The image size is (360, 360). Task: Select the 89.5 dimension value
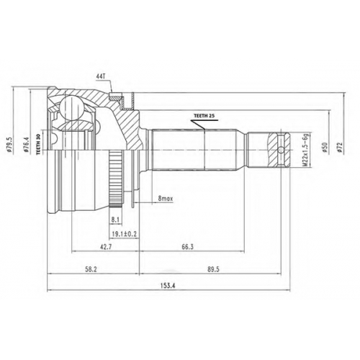pyautogui.click(x=213, y=269)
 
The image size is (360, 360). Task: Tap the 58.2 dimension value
pyautogui.click(x=91, y=269)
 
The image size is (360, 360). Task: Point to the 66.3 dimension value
pyautogui.click(x=187, y=247)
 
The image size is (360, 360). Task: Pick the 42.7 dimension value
pyautogui.click(x=105, y=247)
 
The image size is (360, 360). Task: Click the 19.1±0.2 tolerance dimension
pyautogui.click(x=125, y=234)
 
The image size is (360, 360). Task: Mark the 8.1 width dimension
pyautogui.click(x=115, y=220)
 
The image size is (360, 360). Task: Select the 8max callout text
pyautogui.click(x=166, y=199)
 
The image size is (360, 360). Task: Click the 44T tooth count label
pyautogui.click(x=101, y=76)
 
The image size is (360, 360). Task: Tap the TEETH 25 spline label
pyautogui.click(x=204, y=116)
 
